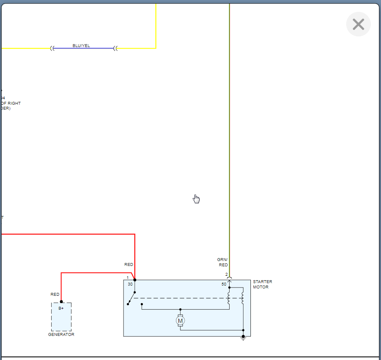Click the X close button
[x=358, y=25]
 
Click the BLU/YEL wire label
[x=81, y=45]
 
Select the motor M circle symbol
[x=180, y=321]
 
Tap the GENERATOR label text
[x=61, y=335]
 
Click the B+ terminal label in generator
[x=61, y=308]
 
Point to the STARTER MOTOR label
[x=262, y=284]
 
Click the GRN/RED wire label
[x=223, y=262]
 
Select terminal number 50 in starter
[x=224, y=284]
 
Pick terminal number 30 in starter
[x=130, y=284]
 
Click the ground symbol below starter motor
[x=243, y=339]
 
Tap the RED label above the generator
[x=55, y=294]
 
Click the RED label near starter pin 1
[x=129, y=265]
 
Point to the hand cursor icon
[x=196, y=199]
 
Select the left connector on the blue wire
[x=52, y=48]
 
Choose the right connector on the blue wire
[x=115, y=48]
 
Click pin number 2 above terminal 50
[x=226, y=274]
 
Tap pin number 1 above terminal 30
[x=128, y=278]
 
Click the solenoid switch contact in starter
[x=131, y=298]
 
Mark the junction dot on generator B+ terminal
[x=61, y=301]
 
